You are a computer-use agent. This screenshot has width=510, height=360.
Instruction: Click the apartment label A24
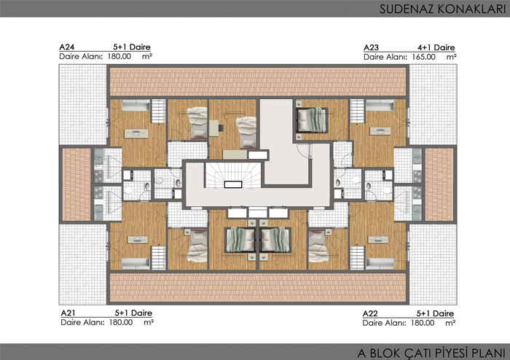(67, 47)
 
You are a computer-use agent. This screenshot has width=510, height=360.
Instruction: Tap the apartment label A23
(371, 48)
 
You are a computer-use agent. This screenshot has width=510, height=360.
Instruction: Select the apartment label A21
(68, 313)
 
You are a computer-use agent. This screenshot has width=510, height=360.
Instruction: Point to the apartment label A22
(370, 313)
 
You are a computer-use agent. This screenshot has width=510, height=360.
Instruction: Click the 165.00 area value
(423, 57)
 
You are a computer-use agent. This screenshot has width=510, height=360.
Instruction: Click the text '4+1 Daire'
(436, 48)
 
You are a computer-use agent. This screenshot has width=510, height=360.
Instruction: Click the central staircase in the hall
(233, 176)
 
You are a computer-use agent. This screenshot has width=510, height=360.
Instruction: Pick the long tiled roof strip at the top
(258, 82)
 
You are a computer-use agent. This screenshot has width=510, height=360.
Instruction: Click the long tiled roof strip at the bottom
(258, 287)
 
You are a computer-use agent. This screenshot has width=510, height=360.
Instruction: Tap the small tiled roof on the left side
(76, 184)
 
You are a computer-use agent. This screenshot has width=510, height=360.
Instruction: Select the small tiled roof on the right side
(439, 184)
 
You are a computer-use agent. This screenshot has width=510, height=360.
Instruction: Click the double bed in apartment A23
(312, 120)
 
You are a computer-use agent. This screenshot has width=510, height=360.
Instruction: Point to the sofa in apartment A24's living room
(136, 106)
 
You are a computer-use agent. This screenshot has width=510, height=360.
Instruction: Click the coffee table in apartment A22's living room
(377, 240)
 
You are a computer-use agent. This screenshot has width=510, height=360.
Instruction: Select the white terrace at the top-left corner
(83, 105)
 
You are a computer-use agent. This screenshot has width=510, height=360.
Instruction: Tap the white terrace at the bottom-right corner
(433, 264)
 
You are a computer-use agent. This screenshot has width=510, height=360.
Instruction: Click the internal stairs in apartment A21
(159, 258)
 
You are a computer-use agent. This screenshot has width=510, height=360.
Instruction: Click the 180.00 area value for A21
(121, 323)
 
